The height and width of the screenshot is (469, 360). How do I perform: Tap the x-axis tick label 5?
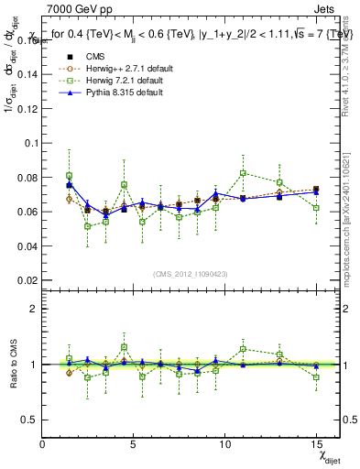coord(134,444)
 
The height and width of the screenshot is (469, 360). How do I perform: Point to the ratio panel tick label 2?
coord(31,309)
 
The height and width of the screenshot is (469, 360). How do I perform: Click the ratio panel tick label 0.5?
coord(27,420)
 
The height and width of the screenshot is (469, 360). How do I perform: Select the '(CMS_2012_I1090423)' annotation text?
coord(191,275)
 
